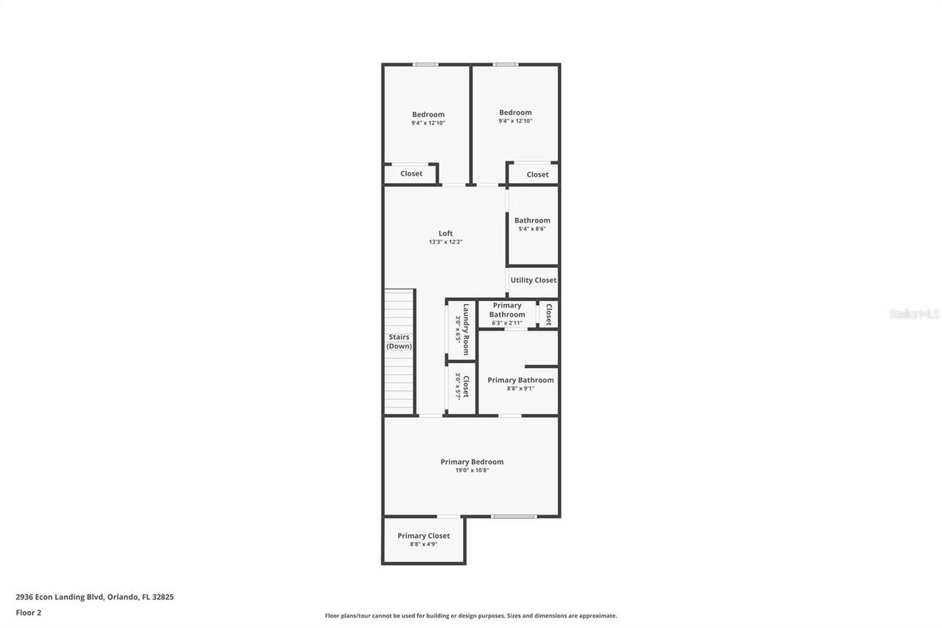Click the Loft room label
tap(445, 233)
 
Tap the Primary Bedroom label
tap(472, 462)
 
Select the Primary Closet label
tap(423, 536)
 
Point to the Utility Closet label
tap(534, 281)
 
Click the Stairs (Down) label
tap(400, 342)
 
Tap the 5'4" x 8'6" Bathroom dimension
tap(532, 229)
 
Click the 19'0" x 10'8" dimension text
tap(472, 470)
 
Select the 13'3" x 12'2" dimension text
tap(445, 242)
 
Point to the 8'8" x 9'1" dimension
tap(520, 389)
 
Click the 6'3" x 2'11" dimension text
tap(507, 322)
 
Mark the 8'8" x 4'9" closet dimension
tap(423, 545)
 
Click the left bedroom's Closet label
tap(411, 174)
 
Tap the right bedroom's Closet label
tap(537, 174)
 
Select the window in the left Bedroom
tap(425, 65)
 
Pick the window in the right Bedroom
tap(505, 65)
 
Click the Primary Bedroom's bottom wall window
tap(514, 516)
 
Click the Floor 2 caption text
tap(29, 613)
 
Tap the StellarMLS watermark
tap(914, 314)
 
